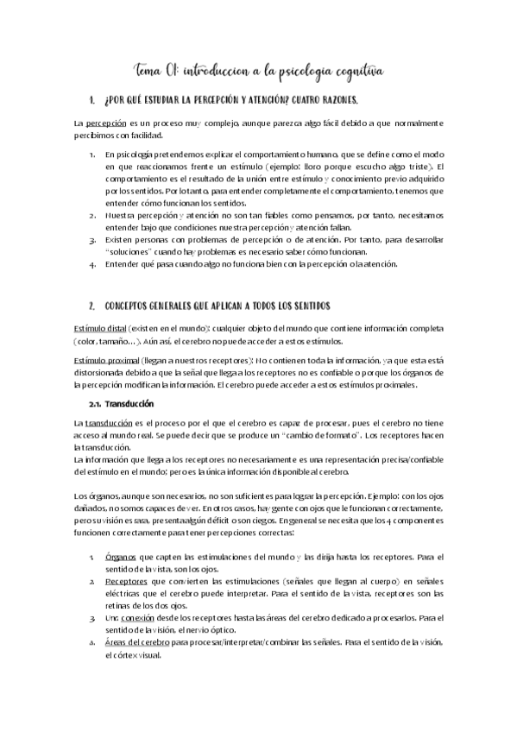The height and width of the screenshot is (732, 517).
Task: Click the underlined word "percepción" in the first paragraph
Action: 107,124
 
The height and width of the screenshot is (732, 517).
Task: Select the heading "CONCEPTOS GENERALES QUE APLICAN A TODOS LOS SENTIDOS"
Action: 216,306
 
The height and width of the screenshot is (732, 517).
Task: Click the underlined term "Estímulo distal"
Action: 100,329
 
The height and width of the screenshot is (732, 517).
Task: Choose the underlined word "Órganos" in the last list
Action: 120,558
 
